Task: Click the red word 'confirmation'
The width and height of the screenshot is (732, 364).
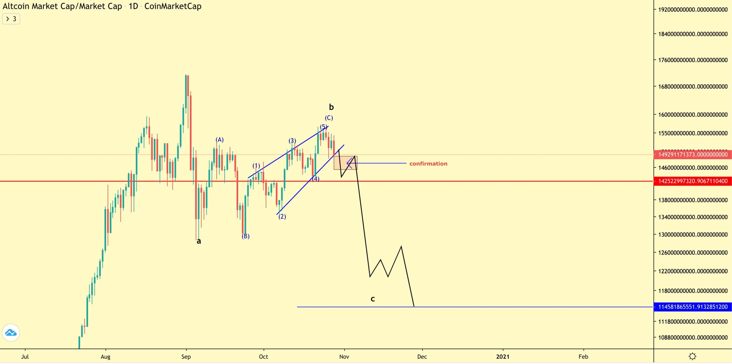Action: (x=428, y=164)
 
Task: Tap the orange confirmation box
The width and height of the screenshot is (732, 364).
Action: (x=345, y=163)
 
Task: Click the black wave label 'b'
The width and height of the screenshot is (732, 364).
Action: (x=331, y=107)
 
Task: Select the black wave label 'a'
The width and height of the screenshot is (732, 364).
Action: (x=199, y=241)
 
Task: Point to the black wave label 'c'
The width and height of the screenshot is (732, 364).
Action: (x=373, y=299)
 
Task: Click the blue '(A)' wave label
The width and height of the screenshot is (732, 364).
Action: (x=220, y=140)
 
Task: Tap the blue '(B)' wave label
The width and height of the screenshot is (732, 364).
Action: (x=246, y=236)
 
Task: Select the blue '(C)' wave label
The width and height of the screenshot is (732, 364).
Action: (x=329, y=118)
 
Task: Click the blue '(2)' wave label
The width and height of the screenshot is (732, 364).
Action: (x=282, y=216)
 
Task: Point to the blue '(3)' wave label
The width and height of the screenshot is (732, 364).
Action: (x=292, y=141)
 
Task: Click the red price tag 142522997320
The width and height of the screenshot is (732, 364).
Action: (x=693, y=181)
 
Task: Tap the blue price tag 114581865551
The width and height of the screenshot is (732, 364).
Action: (x=693, y=307)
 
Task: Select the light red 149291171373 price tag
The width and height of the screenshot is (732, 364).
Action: (x=693, y=155)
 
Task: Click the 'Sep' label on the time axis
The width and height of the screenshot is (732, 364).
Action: (x=186, y=357)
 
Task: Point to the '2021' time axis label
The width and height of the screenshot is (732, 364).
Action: (x=503, y=357)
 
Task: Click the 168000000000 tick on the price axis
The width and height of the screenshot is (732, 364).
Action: (x=693, y=86)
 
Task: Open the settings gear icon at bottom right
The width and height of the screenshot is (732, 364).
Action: (x=692, y=356)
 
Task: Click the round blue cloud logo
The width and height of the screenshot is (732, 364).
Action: (x=11, y=333)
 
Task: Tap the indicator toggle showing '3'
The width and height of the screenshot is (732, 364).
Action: (x=11, y=19)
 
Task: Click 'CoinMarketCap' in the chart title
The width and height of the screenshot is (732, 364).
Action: (x=173, y=6)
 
